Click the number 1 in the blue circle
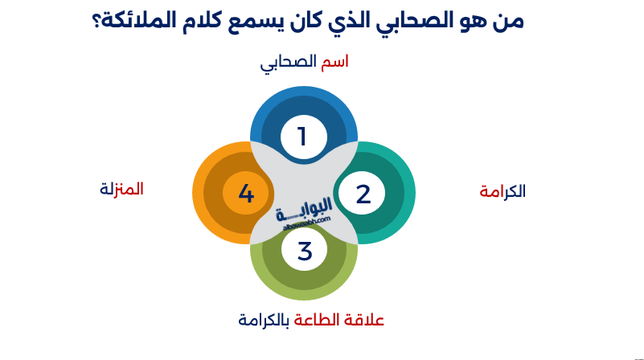(x=303, y=137)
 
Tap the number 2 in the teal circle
(x=363, y=194)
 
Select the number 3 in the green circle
(x=304, y=252)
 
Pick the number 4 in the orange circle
(x=246, y=194)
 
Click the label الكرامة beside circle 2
(x=502, y=191)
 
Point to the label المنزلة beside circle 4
(x=122, y=190)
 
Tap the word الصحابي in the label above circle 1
(x=289, y=63)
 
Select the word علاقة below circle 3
(x=366, y=319)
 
